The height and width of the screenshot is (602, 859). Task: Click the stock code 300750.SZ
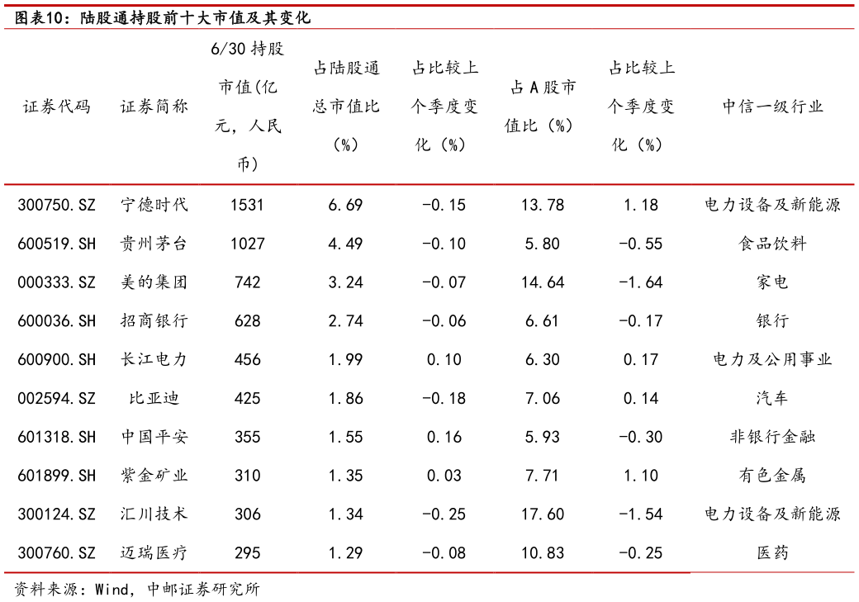(56, 205)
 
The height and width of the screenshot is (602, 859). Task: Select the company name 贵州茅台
(154, 244)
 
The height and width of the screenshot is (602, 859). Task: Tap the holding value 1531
(247, 205)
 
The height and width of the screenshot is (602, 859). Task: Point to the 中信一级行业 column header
(772, 107)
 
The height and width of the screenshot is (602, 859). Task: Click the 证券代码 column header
(56, 107)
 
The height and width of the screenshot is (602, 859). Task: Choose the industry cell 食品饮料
(772, 244)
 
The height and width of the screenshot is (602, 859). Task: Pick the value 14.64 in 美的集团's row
(543, 282)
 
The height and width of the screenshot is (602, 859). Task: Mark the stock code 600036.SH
(56, 321)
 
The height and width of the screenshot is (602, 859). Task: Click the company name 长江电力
(154, 359)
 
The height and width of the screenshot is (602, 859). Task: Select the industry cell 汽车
(772, 398)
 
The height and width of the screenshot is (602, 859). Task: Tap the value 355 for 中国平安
(247, 437)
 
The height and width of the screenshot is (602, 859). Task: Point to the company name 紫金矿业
(154, 476)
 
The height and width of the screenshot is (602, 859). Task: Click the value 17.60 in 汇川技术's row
(543, 514)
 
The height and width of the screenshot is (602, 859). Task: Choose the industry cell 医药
(772, 552)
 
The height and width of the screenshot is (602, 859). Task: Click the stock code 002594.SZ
(56, 398)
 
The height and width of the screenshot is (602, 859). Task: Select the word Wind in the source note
(112, 590)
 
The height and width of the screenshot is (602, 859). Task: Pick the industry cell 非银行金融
(772, 437)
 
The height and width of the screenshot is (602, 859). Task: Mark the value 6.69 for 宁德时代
(345, 205)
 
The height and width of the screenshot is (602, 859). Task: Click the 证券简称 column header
(154, 107)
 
